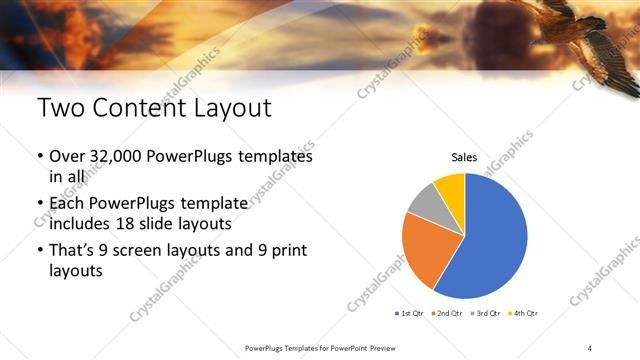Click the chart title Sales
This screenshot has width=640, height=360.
pos(464,157)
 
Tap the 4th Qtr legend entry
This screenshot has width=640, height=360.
pos(523,314)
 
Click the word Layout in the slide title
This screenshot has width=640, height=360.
pos(225,107)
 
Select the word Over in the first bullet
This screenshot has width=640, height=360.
pos(68,157)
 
